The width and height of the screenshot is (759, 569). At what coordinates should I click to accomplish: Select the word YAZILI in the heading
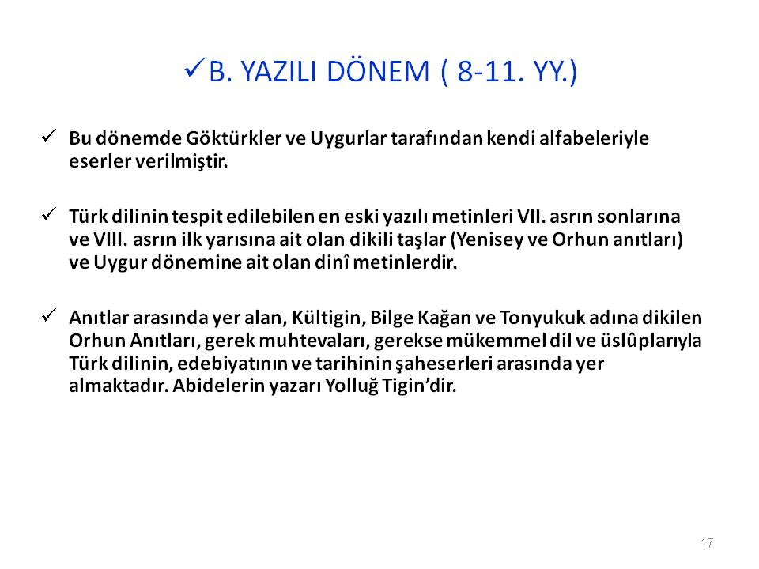click(x=279, y=72)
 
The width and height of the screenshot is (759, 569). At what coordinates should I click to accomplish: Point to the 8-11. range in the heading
click(x=490, y=72)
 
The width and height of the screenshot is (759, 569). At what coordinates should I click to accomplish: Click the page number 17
click(x=707, y=543)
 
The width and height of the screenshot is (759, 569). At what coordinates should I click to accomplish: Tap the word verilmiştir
click(x=182, y=161)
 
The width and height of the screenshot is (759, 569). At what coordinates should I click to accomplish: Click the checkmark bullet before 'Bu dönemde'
click(x=49, y=136)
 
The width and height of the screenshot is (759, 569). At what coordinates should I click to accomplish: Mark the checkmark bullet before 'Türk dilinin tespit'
click(x=49, y=214)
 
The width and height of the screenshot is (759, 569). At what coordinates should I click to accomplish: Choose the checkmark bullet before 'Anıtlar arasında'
click(x=49, y=315)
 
